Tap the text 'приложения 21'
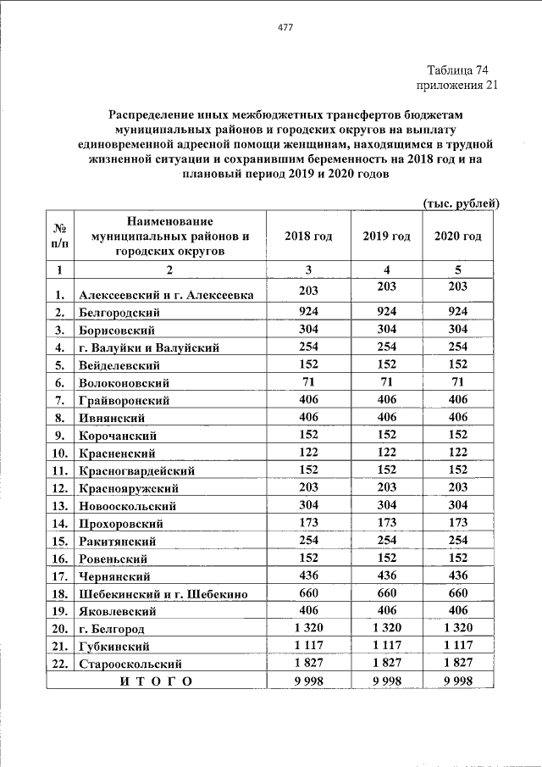pyautogui.click(x=452, y=85)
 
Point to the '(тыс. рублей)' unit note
pyautogui.click(x=461, y=203)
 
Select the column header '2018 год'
pyautogui.click(x=308, y=236)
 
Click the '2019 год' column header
pyautogui.click(x=386, y=236)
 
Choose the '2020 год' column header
pyautogui.click(x=457, y=236)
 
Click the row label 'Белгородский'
pyautogui.click(x=119, y=313)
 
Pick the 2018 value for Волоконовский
pyautogui.click(x=308, y=381)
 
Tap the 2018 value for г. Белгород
pyautogui.click(x=308, y=628)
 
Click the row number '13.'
pyautogui.click(x=59, y=506)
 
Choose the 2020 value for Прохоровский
pyautogui.click(x=457, y=522)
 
